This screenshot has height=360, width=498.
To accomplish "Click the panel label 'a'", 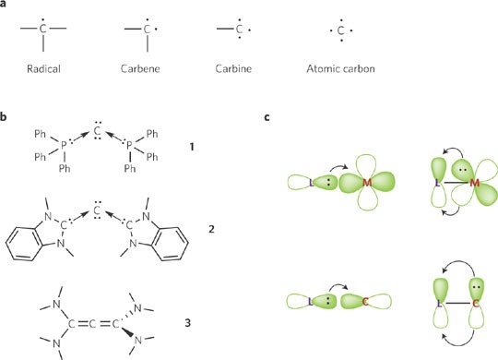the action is [x=6, y=6].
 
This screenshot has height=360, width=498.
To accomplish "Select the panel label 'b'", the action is [x=6, y=118].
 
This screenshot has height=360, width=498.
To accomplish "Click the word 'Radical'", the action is [x=43, y=68].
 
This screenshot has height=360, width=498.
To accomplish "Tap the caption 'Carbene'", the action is [x=140, y=68].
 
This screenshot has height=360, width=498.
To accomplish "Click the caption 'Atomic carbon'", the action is [x=342, y=68].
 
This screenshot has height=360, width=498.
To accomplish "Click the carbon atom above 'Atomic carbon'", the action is [x=342, y=31].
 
